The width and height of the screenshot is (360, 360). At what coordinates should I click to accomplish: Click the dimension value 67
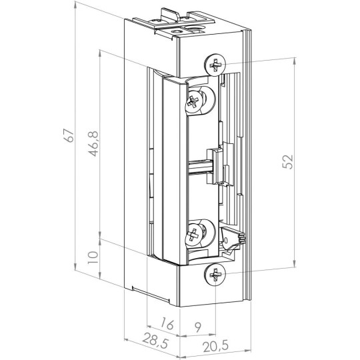(67, 135)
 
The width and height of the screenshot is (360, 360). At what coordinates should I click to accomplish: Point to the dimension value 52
(287, 162)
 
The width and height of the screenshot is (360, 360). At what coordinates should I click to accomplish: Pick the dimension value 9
(198, 327)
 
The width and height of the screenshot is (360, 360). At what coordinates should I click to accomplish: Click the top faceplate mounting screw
(216, 65)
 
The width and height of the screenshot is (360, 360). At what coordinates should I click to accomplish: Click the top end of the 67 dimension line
(75, 5)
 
